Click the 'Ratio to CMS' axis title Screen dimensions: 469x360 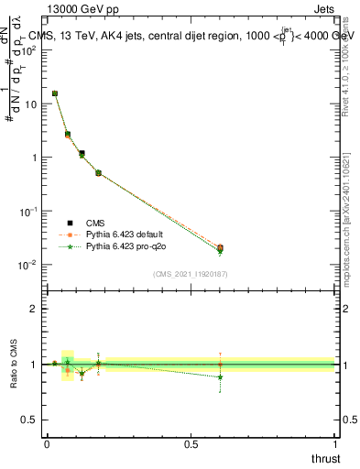16,364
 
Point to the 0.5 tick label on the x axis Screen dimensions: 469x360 191,443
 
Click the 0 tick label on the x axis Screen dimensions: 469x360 47,443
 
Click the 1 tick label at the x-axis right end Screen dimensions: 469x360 334,443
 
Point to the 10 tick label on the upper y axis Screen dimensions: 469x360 30,104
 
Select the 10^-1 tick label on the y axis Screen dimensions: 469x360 28,211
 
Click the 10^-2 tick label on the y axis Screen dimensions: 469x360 28,265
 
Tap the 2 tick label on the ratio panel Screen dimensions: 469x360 35,309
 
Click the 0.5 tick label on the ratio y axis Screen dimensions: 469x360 30,420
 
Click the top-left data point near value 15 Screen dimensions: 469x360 55,93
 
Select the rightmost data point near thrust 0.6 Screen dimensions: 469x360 220,248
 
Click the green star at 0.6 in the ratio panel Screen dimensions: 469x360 220,377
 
